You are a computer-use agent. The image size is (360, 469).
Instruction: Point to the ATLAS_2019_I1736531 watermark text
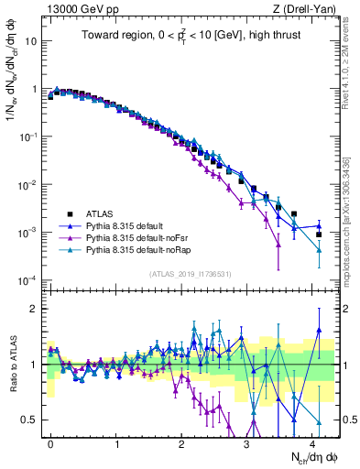coord(190,273)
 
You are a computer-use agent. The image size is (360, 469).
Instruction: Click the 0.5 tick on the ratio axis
coord(27,420)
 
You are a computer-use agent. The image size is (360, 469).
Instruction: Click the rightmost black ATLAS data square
coord(318,234)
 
